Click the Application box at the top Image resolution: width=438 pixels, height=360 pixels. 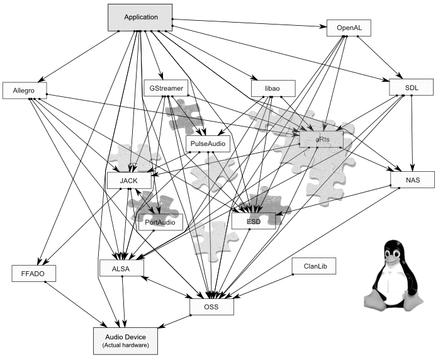(140, 18)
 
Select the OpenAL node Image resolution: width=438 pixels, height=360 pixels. (349, 28)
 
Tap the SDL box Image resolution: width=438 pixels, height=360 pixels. (412, 87)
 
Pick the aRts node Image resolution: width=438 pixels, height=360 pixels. (321, 139)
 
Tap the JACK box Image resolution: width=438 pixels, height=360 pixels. (130, 181)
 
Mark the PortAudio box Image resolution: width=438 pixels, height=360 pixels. (160, 222)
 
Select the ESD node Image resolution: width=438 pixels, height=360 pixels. (254, 221)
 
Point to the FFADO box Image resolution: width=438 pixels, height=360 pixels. (34, 273)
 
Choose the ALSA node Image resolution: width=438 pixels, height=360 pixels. (121, 267)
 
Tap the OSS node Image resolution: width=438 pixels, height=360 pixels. (212, 307)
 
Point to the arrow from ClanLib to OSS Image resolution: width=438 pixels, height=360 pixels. (264, 286)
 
